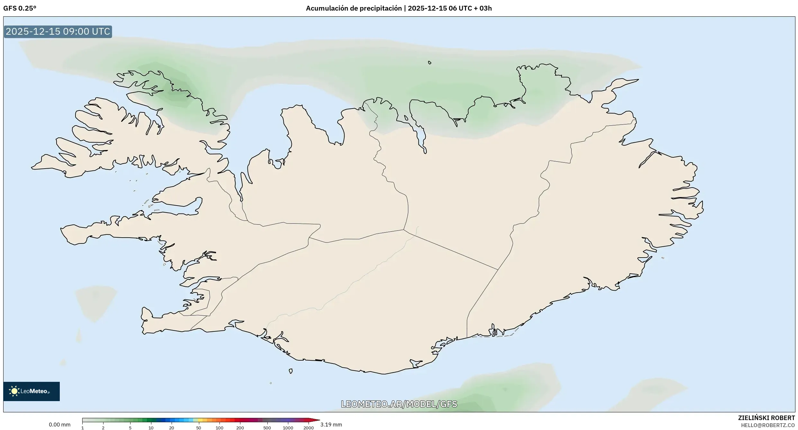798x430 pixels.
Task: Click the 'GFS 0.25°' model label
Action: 20,8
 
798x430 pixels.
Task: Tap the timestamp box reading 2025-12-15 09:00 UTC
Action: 58,31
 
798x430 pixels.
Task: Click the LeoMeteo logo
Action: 31,391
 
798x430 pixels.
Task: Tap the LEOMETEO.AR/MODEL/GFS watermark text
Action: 399,404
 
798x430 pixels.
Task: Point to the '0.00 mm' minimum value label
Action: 59,425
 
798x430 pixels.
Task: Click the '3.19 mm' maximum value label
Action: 331,425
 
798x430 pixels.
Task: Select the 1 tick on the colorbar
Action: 83,428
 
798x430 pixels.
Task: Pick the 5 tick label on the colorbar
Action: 130,428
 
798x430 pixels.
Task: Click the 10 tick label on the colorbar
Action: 151,428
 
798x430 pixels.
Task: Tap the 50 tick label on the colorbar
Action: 199,428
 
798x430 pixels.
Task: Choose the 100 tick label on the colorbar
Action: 219,428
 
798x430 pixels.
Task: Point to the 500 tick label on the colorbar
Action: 267,428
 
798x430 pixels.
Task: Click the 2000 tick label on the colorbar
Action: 309,428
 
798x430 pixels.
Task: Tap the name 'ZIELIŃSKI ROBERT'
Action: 767,418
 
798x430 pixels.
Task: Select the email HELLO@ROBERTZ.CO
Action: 768,425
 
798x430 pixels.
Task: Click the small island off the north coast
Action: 430,63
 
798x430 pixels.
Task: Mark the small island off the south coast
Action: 291,371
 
